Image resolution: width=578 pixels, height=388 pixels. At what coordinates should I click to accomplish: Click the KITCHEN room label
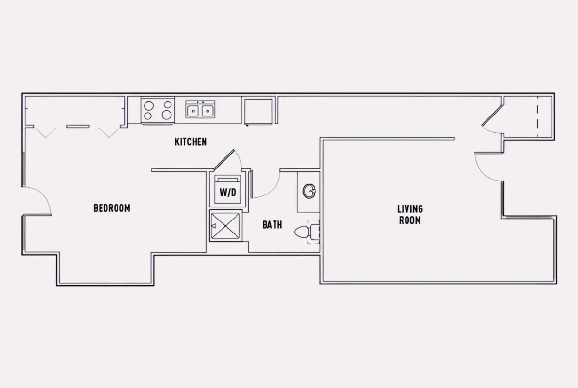(190, 142)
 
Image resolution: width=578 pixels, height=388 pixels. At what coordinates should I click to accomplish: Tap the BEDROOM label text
(112, 208)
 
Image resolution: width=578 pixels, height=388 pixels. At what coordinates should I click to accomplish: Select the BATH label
(272, 225)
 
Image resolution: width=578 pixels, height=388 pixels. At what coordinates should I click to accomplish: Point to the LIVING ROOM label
(410, 215)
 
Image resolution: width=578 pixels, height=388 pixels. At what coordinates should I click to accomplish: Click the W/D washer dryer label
(227, 193)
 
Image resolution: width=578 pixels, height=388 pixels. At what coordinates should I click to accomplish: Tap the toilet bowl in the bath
(302, 232)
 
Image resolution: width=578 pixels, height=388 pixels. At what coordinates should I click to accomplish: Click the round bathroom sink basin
(309, 191)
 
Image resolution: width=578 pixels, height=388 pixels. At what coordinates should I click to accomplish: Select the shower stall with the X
(225, 226)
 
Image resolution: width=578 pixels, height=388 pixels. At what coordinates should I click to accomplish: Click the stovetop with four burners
(158, 110)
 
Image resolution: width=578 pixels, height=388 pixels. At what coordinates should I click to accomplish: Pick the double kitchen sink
(200, 110)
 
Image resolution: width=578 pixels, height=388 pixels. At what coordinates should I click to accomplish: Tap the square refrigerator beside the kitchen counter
(258, 112)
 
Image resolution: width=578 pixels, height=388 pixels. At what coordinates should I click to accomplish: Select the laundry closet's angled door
(224, 160)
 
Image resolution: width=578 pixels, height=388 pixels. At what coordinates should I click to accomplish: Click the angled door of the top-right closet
(492, 116)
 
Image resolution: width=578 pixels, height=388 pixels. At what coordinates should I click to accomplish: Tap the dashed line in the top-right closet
(538, 116)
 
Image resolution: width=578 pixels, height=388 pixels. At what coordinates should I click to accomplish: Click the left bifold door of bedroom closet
(45, 132)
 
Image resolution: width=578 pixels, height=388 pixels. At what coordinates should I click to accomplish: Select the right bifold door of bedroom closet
(109, 132)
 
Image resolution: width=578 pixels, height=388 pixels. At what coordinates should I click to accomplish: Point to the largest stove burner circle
(167, 115)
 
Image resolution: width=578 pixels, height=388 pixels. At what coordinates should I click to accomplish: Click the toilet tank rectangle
(315, 232)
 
